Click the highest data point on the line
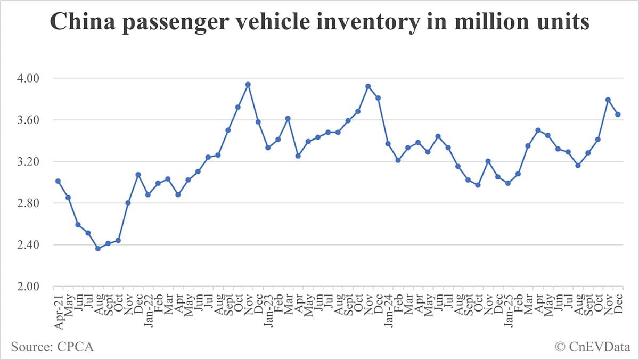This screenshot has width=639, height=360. (x=248, y=84)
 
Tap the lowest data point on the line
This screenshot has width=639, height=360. (x=98, y=249)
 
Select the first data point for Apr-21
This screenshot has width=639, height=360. (x=58, y=181)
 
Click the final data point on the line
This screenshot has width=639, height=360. (x=618, y=114)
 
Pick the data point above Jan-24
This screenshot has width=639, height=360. (x=388, y=143)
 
